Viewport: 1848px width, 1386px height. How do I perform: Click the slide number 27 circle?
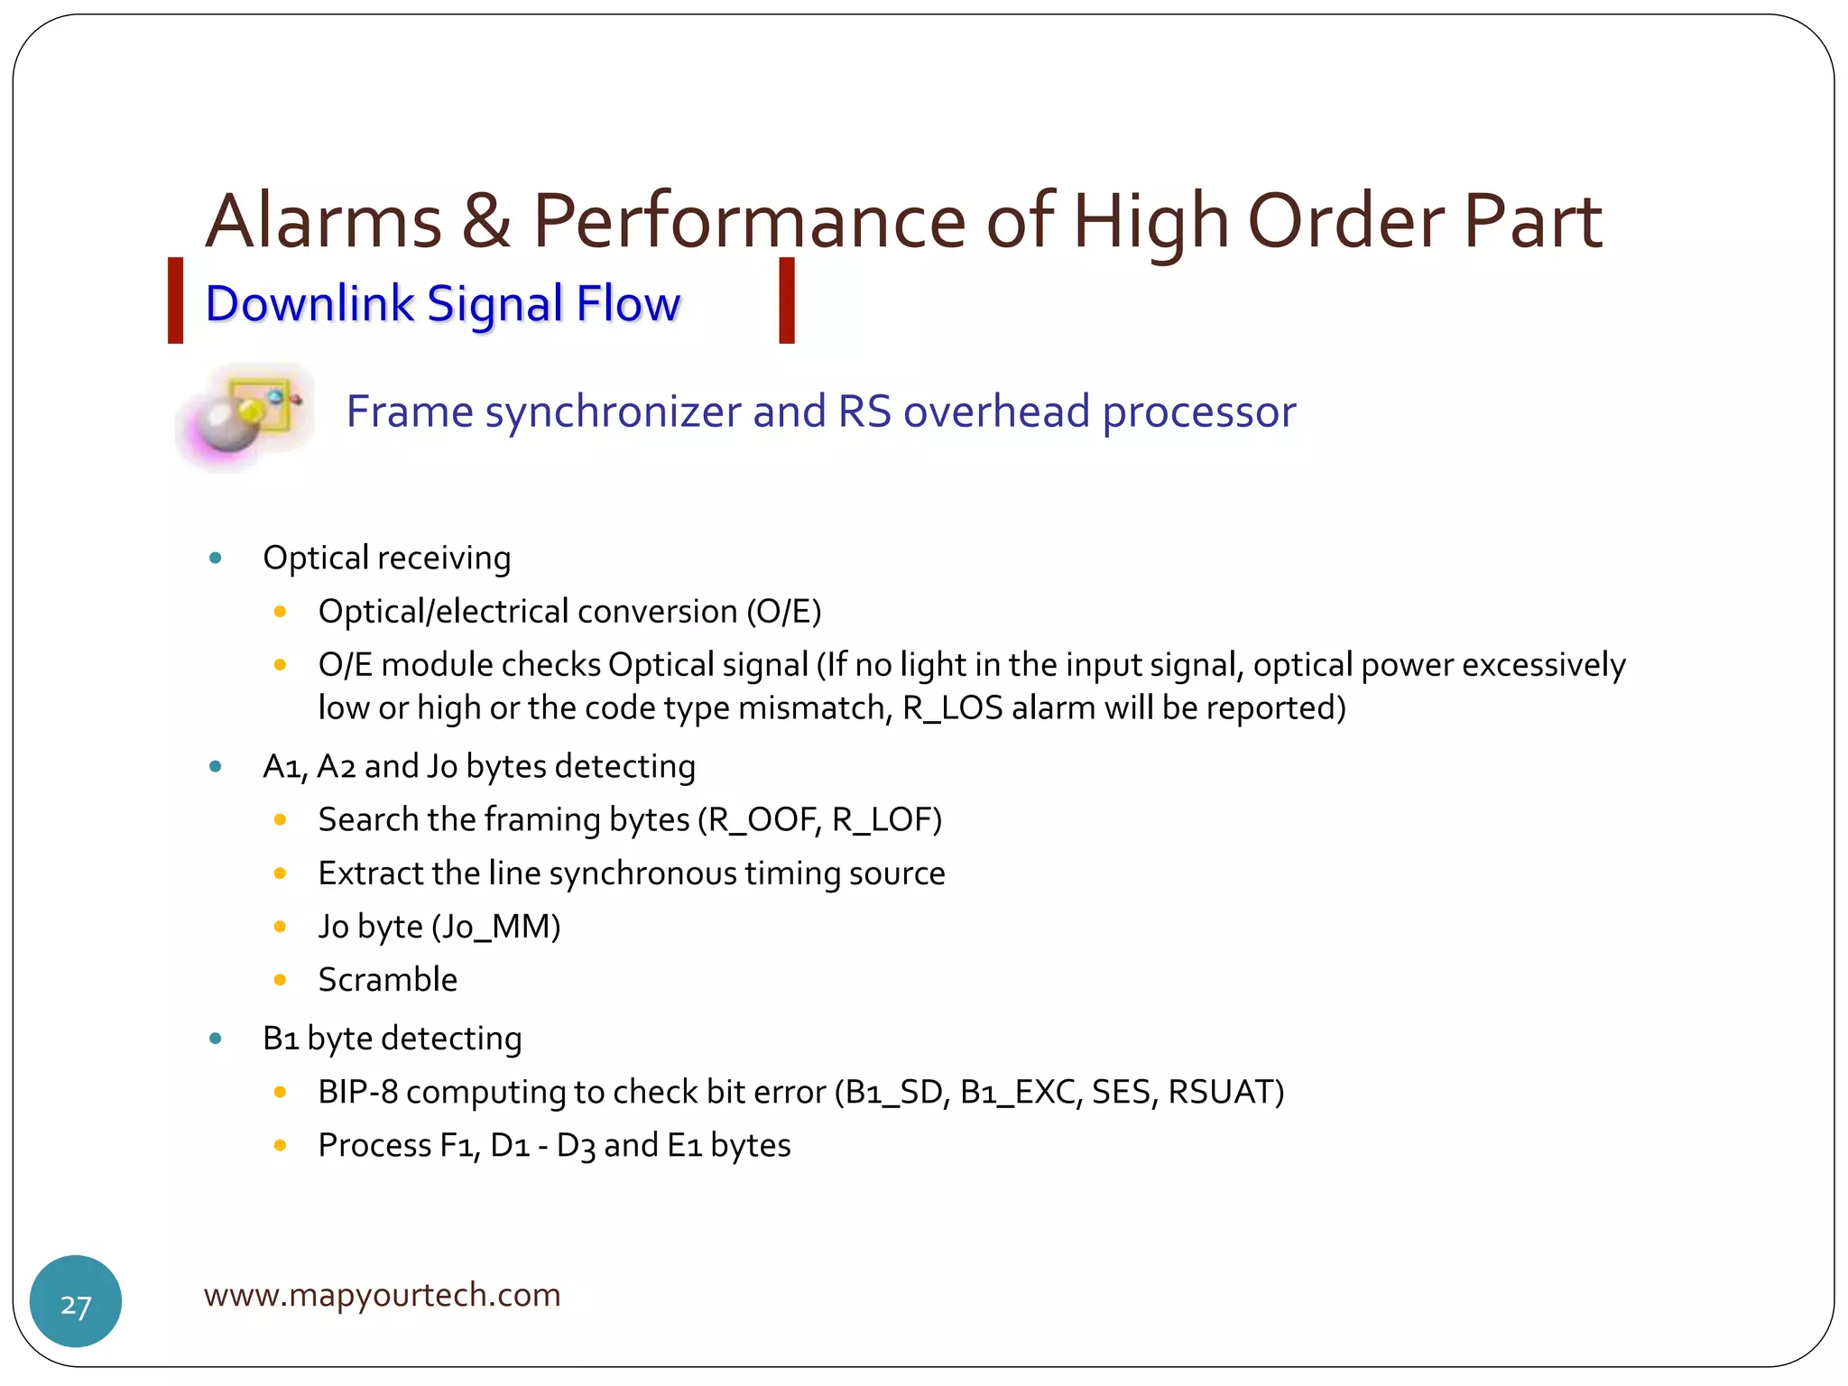click(76, 1301)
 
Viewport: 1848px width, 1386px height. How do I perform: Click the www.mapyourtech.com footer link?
click(382, 1295)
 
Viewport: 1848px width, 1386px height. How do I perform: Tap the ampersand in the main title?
click(486, 223)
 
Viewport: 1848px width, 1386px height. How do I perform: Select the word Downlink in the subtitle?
click(309, 304)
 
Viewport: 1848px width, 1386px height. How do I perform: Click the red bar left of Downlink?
click(176, 300)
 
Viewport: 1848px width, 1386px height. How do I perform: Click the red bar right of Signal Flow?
click(787, 300)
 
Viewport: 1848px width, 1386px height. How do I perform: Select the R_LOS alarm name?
click(952, 708)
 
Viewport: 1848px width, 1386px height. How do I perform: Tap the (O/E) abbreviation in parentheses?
click(783, 612)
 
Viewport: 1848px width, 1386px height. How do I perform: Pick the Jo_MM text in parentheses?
click(496, 927)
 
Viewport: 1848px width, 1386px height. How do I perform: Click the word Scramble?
click(388, 980)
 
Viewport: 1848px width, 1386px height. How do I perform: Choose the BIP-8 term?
click(358, 1092)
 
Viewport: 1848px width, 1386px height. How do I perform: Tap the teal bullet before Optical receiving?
click(216, 558)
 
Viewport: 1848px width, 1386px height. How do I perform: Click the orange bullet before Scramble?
click(280, 980)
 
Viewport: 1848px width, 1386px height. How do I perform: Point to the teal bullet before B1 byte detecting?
click(216, 1039)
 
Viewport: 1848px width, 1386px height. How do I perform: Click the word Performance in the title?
click(749, 223)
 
